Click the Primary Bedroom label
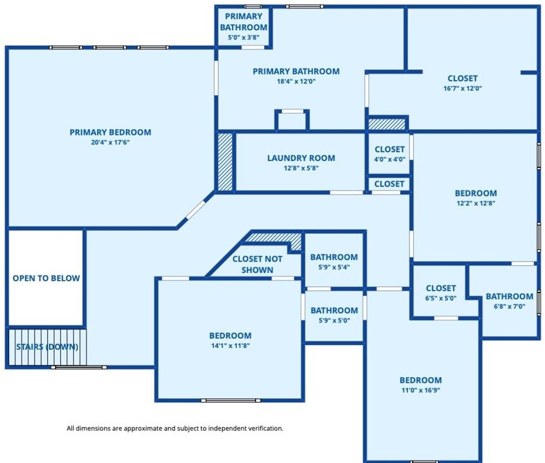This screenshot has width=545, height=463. coord(110,132)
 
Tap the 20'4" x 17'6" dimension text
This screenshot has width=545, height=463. coord(110,142)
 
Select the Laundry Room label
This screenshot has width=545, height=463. coord(301,158)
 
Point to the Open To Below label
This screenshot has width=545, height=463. coord(46,278)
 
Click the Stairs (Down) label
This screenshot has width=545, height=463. coord(47,347)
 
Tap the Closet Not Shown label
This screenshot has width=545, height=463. coord(257,265)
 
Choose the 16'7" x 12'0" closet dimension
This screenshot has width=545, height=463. coord(462,88)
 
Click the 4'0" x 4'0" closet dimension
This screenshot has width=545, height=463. coord(390,159)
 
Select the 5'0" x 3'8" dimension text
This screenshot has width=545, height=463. coord(243,37)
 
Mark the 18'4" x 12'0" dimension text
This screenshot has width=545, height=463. coord(296,81)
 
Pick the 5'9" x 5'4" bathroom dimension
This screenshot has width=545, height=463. coord(334,267)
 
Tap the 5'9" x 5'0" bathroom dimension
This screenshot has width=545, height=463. coord(334,320)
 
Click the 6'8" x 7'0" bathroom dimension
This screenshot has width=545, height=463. coord(509,307)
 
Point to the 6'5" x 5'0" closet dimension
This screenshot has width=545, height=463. coord(440,298)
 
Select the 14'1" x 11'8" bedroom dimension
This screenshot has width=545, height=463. coord(231,346)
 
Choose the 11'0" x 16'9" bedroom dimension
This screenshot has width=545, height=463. coord(421,390)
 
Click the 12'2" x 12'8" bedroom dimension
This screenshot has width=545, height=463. coord(476,203)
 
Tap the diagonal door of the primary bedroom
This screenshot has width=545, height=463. coord(195,210)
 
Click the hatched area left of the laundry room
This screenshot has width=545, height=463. coord(225,162)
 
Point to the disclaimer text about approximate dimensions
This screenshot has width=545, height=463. coord(175,428)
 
